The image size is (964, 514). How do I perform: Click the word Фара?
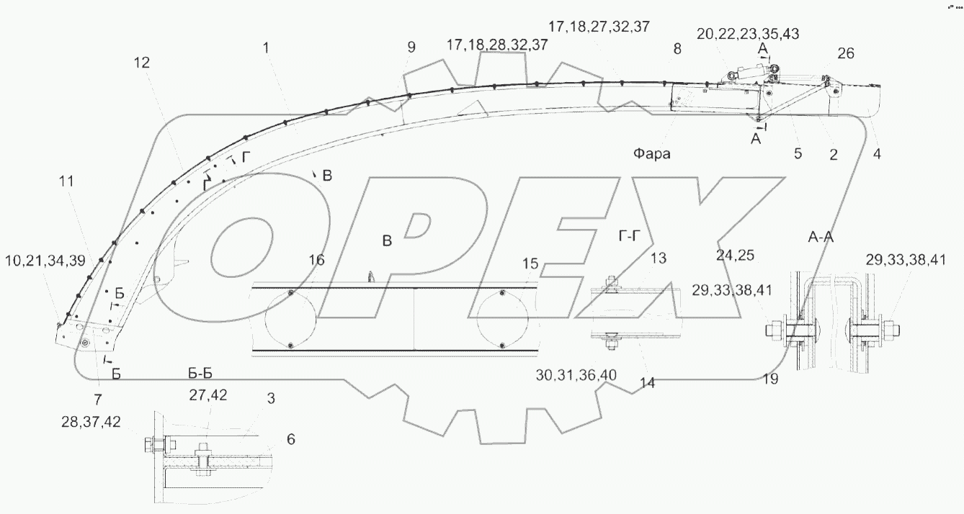[x=651, y=153]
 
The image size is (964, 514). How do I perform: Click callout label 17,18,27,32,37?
[x=599, y=27]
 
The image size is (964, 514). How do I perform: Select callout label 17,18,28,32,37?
[x=497, y=45]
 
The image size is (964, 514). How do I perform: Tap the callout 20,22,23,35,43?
[x=748, y=34]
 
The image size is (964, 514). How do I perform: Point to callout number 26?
[x=846, y=53]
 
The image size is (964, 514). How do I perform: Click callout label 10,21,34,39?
[x=45, y=261]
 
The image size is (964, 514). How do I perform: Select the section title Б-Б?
[x=200, y=374]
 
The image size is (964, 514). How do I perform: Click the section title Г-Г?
[x=630, y=235]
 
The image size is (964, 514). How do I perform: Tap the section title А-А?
[x=821, y=237]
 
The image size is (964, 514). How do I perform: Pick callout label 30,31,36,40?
[x=576, y=375]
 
